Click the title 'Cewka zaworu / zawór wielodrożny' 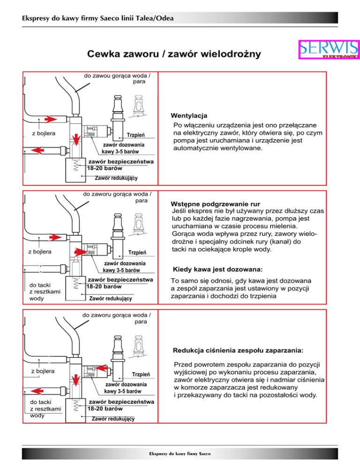tap(174, 55)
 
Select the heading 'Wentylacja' tap(189, 116)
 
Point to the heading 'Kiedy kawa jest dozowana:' tap(217, 270)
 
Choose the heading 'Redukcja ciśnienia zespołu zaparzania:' tap(238, 350)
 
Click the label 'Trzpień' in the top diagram tap(135, 135)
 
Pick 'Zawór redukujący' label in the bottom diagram tap(113, 418)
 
